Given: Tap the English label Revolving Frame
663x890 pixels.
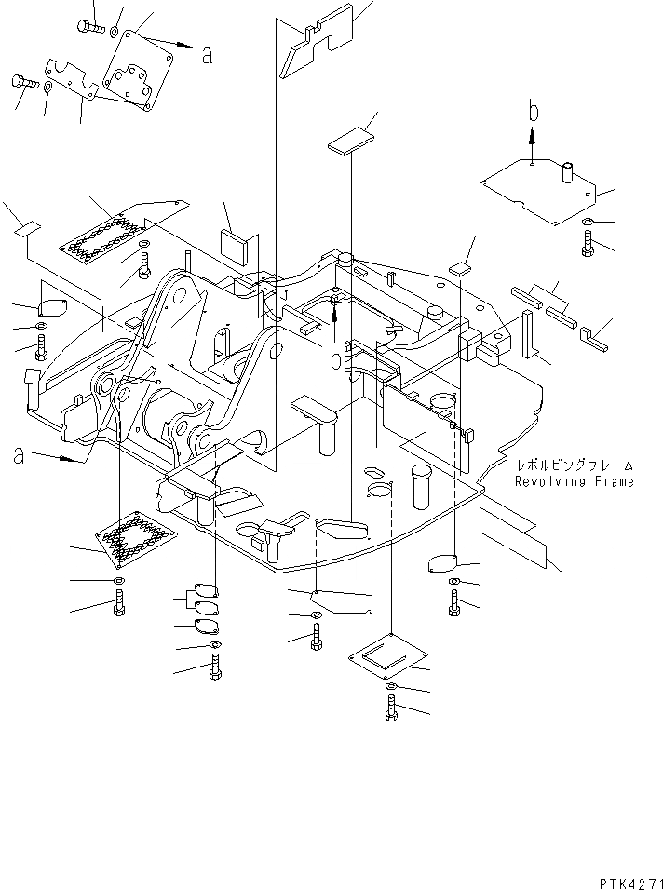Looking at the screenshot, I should tap(575, 481).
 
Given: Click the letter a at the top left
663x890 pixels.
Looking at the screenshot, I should tap(207, 56).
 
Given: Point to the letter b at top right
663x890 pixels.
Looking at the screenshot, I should tap(534, 112).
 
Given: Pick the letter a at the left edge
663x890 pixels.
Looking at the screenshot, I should tap(19, 455).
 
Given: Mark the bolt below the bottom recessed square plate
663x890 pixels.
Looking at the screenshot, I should tap(389, 710).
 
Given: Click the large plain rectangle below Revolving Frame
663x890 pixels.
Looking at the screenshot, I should tap(513, 537).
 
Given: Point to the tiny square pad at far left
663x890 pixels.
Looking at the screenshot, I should tap(28, 227).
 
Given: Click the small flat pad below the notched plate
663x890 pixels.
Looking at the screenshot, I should tap(348, 141).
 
